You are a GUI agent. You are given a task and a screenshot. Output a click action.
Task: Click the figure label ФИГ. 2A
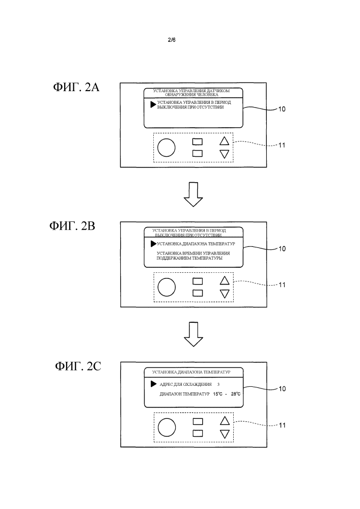point(76,88)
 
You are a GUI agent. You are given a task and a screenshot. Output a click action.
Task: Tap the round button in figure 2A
point(166,148)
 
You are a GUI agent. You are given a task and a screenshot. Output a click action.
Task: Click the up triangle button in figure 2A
point(224,141)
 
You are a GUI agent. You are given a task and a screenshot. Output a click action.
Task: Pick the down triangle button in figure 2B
point(224,293)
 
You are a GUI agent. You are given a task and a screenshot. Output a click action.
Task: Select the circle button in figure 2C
point(167,427)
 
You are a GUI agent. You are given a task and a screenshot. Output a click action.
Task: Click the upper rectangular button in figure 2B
point(197,280)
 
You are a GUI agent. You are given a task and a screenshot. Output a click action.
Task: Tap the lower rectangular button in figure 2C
point(197,433)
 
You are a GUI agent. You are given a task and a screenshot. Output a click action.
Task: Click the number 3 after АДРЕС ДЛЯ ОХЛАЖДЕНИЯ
point(218,384)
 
